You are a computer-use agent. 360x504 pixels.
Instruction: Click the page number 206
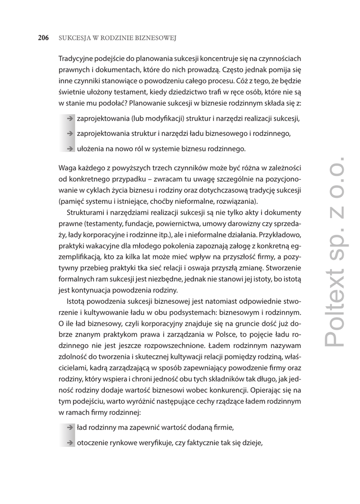tap(43, 37)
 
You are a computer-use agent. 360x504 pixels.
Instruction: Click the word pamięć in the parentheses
tap(72, 201)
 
